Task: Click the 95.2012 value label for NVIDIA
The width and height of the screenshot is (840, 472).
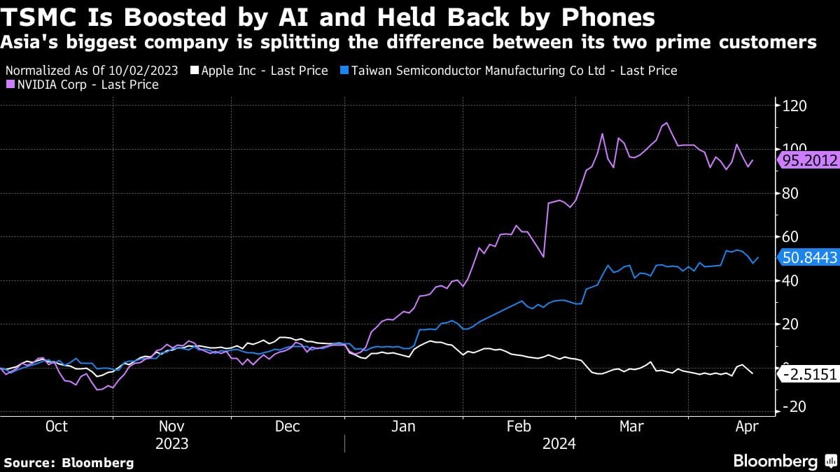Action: coord(809,160)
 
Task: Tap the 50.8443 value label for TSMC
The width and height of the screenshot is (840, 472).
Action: coord(809,258)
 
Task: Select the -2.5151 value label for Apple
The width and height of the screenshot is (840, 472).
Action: coord(809,375)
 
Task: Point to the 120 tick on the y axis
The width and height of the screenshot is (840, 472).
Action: coord(794,106)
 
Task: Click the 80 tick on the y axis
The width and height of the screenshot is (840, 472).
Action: coord(790,194)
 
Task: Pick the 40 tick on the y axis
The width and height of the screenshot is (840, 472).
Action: coord(790,280)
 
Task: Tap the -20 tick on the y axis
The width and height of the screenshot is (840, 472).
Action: coord(794,407)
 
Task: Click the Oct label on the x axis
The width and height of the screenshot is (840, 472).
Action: coord(56,427)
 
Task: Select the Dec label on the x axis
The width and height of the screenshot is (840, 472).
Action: coord(288,427)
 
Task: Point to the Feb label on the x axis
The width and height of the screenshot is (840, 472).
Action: coord(519,427)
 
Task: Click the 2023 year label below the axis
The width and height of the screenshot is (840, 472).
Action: coord(172,443)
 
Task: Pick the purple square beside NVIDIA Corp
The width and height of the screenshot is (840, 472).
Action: coord(10,85)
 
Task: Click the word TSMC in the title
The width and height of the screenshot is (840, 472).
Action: coord(44,17)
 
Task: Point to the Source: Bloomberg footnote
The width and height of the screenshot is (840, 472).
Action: coord(69,462)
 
